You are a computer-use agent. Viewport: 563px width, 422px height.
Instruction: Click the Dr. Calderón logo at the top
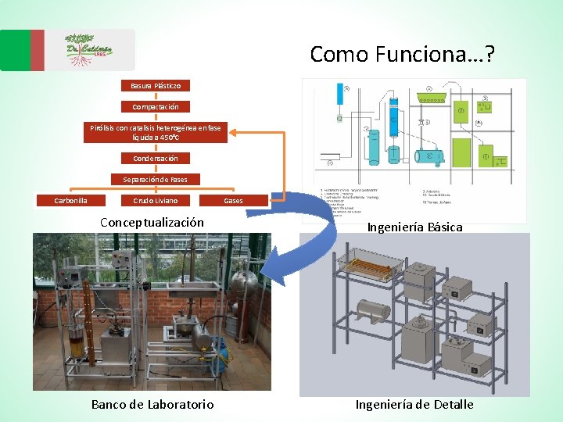(88, 50)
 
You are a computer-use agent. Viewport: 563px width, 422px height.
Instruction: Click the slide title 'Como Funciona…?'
(402, 54)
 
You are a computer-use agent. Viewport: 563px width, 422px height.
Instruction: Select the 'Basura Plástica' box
(156, 85)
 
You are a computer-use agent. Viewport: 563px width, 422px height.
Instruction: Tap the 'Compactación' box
(156, 106)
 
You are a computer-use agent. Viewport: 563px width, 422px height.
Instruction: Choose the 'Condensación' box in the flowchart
(156, 159)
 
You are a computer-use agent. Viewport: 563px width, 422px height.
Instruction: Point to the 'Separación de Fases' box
(156, 179)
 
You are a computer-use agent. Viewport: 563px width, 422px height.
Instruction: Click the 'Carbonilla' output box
(70, 201)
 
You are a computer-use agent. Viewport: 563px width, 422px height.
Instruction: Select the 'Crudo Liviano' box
(156, 201)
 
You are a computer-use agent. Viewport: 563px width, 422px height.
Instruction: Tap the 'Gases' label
(233, 201)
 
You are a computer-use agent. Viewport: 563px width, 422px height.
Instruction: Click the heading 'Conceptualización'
(152, 222)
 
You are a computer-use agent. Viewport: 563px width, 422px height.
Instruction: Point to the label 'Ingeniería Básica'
(415, 227)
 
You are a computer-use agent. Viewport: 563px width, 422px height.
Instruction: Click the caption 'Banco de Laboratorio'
(152, 404)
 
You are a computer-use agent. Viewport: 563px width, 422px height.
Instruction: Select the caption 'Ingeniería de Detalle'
(414, 404)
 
